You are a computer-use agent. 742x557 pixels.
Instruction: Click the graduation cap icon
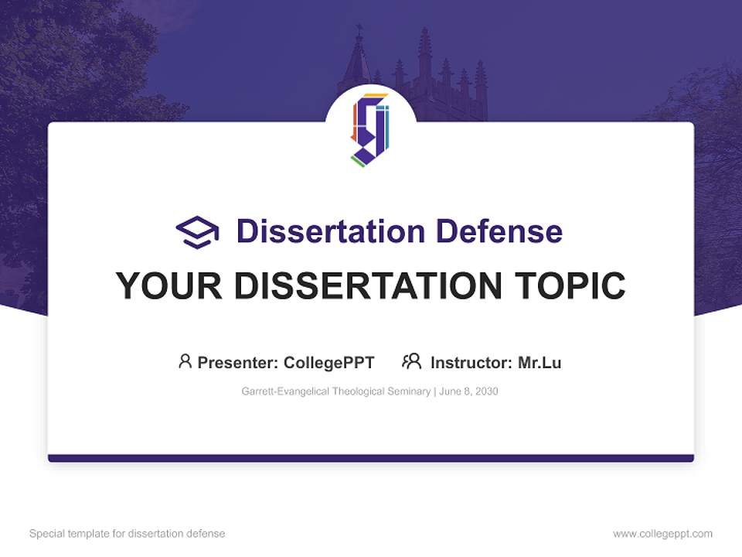pyautogui.click(x=197, y=232)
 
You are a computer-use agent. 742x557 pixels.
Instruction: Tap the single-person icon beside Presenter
pyautogui.click(x=185, y=361)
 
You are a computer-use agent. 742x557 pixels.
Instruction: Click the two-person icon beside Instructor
pyautogui.click(x=411, y=361)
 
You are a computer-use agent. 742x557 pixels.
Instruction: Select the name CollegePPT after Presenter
pyautogui.click(x=329, y=363)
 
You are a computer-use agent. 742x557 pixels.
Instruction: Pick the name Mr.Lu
pyautogui.click(x=539, y=363)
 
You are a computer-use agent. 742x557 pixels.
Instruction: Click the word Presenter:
pyautogui.click(x=238, y=363)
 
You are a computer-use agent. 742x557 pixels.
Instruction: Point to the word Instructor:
pyautogui.click(x=471, y=363)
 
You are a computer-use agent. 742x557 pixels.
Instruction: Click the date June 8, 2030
pyautogui.click(x=468, y=391)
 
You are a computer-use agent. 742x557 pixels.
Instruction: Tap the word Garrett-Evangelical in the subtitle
pyautogui.click(x=285, y=391)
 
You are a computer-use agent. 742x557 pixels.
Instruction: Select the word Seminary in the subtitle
pyautogui.click(x=410, y=391)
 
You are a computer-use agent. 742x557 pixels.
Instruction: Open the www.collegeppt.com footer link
pyautogui.click(x=662, y=534)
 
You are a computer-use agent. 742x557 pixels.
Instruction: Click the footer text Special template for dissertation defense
pyautogui.click(x=128, y=534)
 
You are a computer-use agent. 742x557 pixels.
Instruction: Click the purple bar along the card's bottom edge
pyautogui.click(x=371, y=458)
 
